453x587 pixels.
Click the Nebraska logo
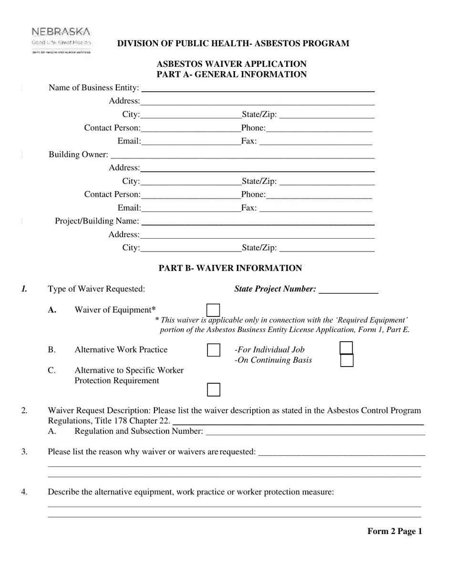click(61, 40)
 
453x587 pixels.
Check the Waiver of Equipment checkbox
click(214, 310)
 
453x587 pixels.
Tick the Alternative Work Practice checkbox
click(214, 350)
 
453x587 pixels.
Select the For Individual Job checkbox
click(347, 348)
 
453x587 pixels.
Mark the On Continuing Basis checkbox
click(347, 360)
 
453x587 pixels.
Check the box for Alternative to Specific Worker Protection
click(214, 390)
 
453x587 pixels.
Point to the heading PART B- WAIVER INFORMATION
click(230, 268)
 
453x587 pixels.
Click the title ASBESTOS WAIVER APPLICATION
click(232, 64)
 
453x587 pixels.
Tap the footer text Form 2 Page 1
click(395, 532)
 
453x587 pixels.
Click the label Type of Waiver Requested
click(96, 289)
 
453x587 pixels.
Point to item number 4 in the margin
click(24, 492)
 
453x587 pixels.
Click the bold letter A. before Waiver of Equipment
click(52, 310)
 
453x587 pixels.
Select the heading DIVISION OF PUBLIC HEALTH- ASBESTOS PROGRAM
click(233, 43)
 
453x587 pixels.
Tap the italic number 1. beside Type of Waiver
click(24, 289)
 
